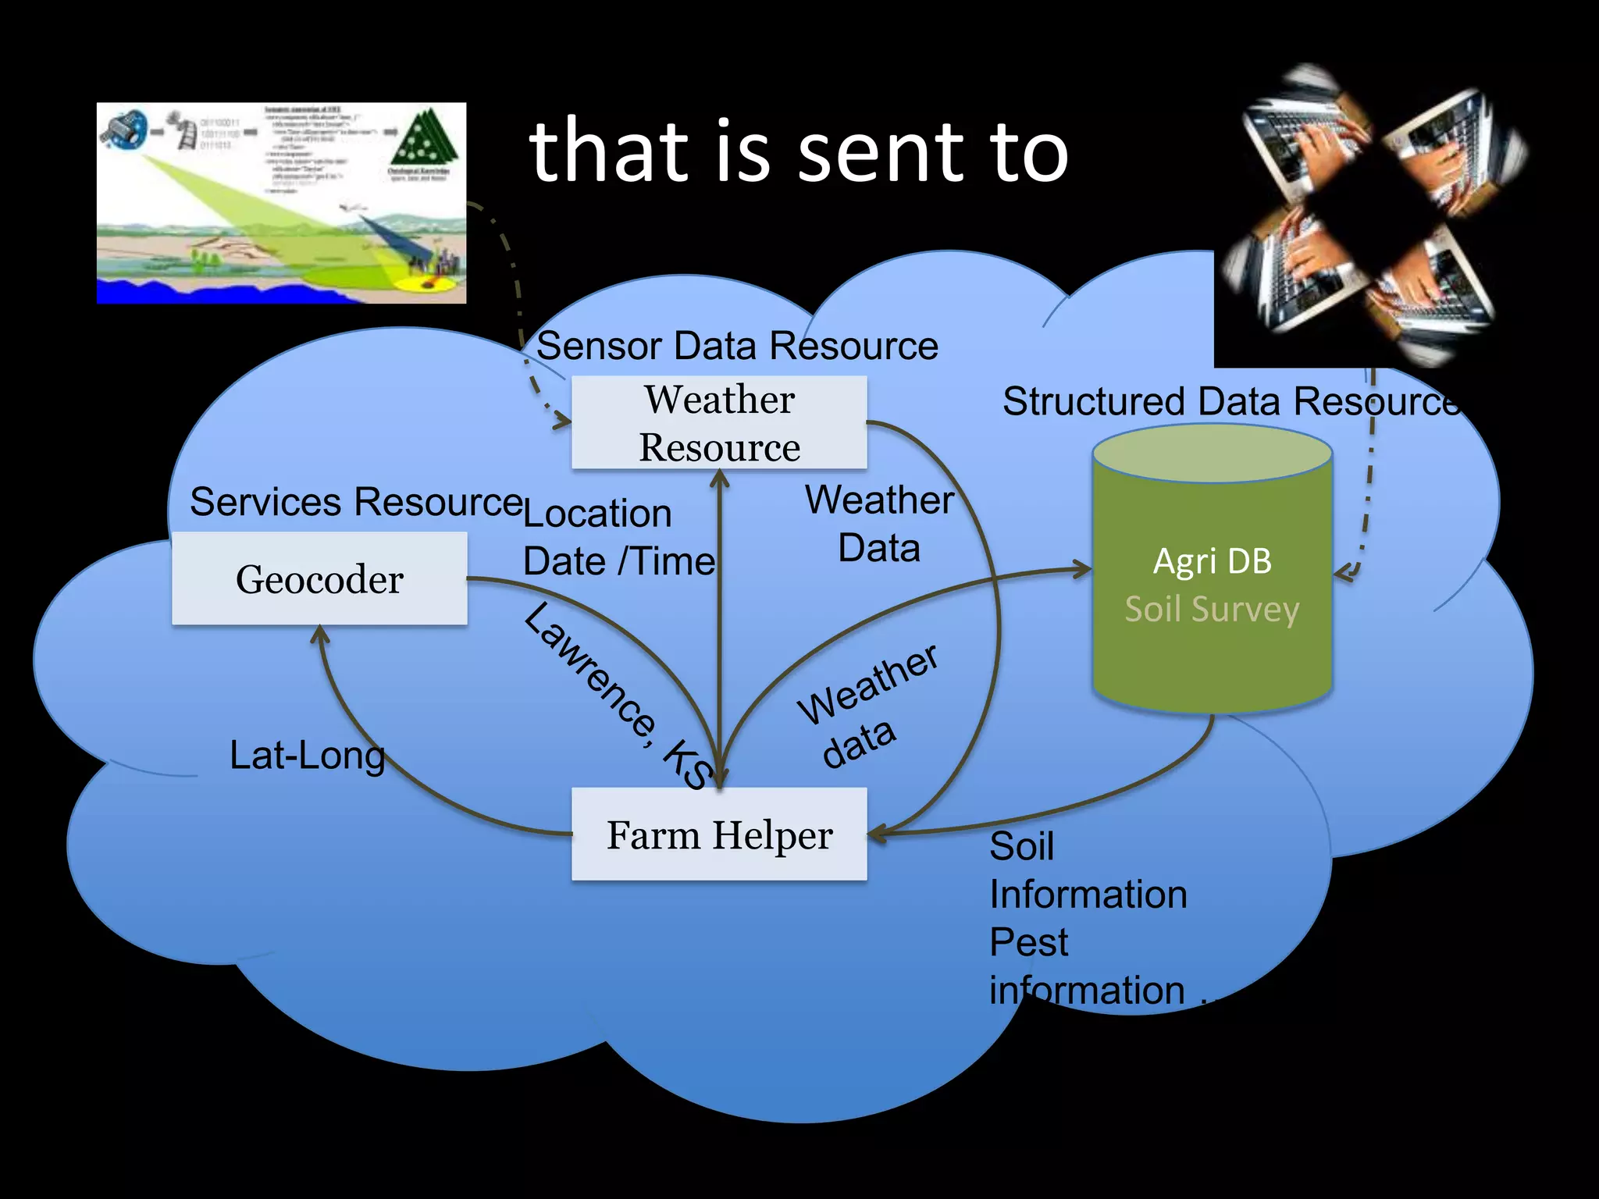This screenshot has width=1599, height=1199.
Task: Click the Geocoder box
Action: [319, 578]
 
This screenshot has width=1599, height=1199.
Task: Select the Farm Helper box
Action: [719, 834]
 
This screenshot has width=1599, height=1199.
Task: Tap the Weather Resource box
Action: [719, 422]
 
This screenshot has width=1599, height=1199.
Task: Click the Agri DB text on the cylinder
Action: [1212, 561]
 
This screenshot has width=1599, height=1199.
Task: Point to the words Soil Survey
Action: [1212, 609]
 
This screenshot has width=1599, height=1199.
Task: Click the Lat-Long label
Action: [307, 756]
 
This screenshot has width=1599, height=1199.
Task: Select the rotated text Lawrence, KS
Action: [617, 695]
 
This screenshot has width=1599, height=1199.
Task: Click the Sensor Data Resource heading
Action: [737, 346]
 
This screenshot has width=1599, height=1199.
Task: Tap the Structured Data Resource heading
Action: [1230, 401]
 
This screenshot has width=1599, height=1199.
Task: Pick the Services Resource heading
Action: [355, 501]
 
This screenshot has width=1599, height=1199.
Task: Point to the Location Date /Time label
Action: [617, 538]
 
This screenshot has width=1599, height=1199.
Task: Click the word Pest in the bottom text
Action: [1028, 942]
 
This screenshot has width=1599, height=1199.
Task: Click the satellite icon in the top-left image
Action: [125, 130]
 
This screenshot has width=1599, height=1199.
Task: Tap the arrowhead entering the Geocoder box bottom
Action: [320, 633]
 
